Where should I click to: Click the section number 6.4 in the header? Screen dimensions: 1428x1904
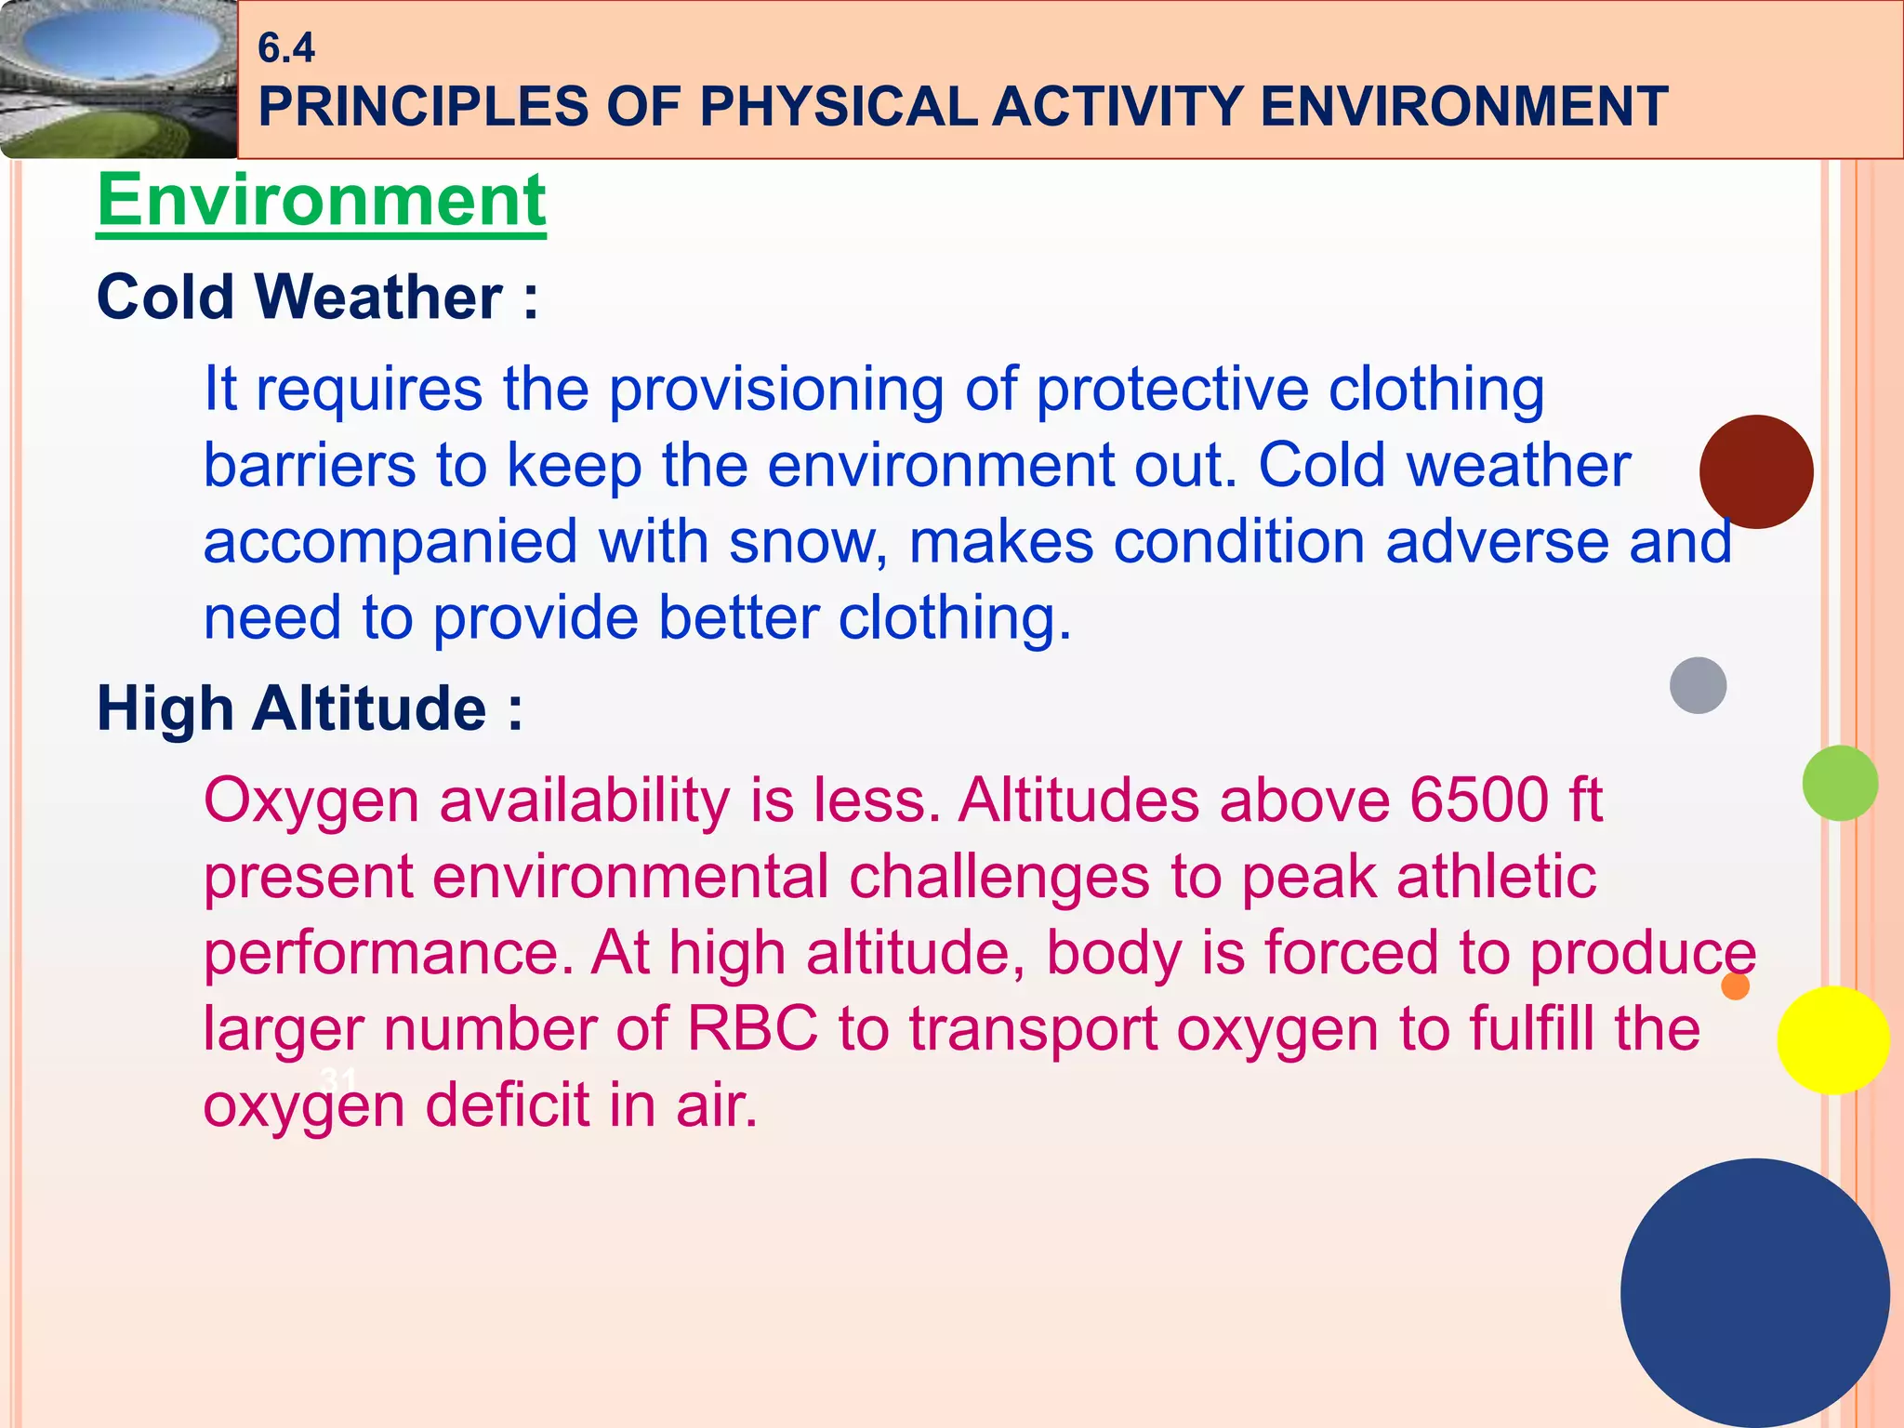[x=285, y=48]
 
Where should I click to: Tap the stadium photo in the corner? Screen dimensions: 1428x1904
[x=117, y=79]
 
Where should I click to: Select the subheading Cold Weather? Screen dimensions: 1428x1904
[x=316, y=297]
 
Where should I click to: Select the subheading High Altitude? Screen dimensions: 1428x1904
[x=309, y=709]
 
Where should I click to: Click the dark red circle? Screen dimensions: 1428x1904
[x=1755, y=472]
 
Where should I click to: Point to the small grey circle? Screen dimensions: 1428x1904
[x=1698, y=685]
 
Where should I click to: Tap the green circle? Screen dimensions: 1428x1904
[x=1839, y=783]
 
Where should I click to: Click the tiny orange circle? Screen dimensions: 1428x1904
[x=1735, y=985]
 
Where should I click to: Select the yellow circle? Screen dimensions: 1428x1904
[x=1832, y=1040]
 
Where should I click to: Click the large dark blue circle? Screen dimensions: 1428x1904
[x=1754, y=1292]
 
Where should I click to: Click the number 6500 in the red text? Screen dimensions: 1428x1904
[x=1478, y=800]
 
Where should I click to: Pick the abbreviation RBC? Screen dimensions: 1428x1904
[x=752, y=1029]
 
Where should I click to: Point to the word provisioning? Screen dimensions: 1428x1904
[x=775, y=389]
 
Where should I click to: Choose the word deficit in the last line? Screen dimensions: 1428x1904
[x=507, y=1105]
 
